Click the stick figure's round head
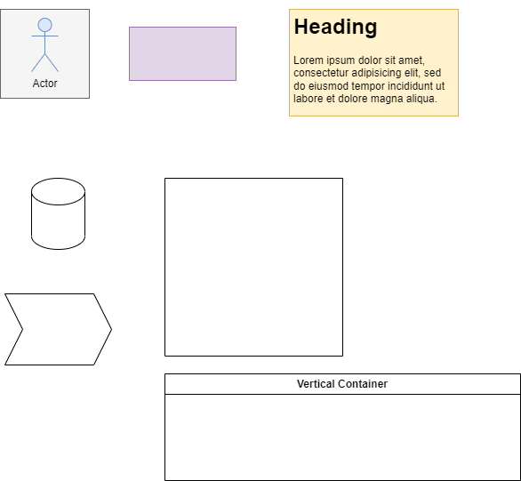pos(44,25)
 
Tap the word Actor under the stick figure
pos(44,84)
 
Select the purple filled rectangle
pos(183,54)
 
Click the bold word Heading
pos(335,27)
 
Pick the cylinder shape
pos(58,213)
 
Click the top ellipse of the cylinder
pos(58,191)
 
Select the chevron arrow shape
pos(58,329)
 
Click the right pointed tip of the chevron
pos(112,329)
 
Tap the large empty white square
pos(254,267)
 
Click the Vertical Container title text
pos(342,384)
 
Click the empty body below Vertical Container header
pos(342,437)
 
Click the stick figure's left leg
pos(38,63)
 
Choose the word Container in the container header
pos(363,384)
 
